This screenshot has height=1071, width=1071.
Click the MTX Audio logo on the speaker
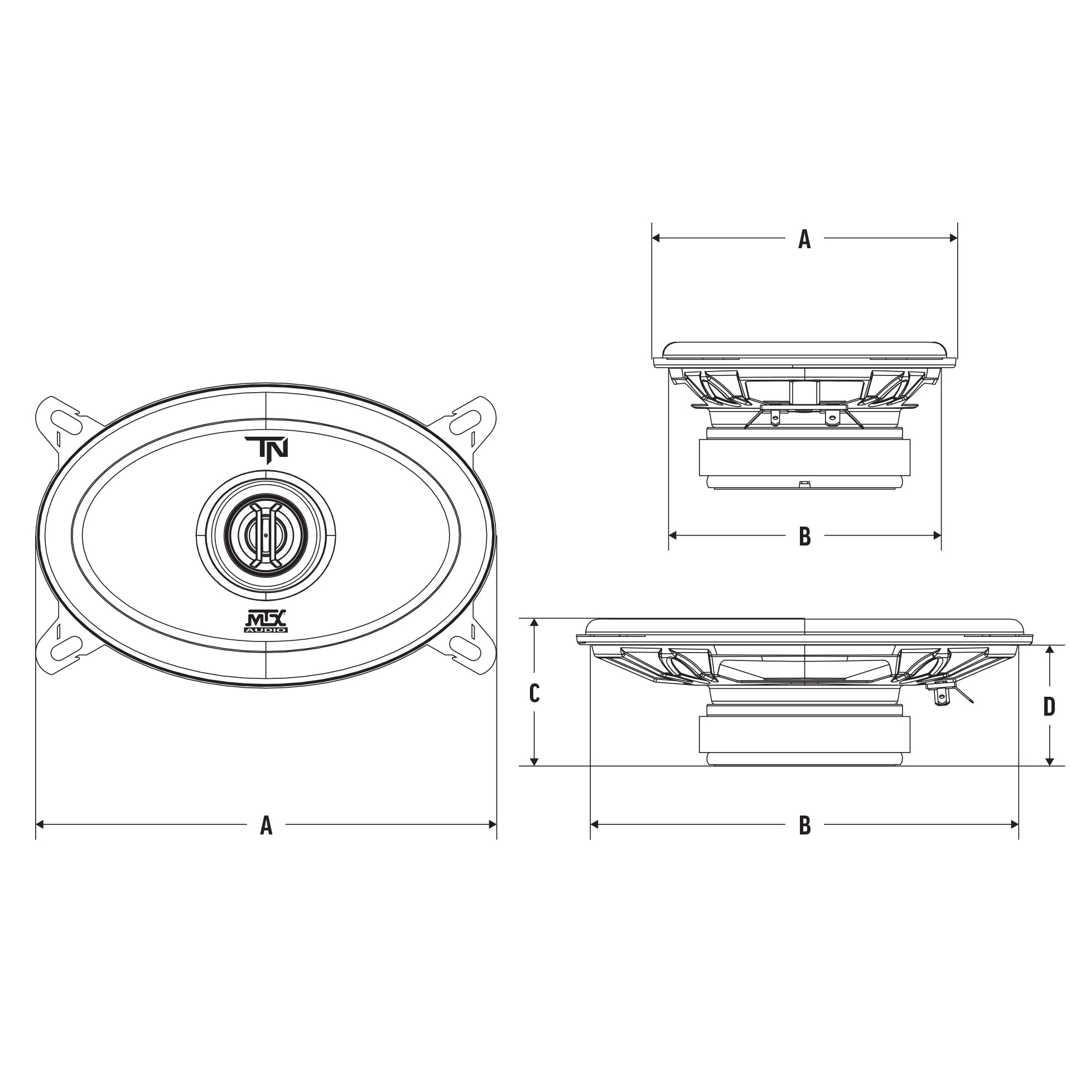(267, 621)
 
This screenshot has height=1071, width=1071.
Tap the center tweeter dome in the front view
(266, 534)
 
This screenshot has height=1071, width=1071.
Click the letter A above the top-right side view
(804, 239)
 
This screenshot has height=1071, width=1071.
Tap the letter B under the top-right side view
(804, 536)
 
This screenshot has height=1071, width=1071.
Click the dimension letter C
(534, 694)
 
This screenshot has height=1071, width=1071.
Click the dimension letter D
(1049, 707)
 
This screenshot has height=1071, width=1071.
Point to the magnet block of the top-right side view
(804, 457)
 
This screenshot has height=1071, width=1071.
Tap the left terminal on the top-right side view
(775, 417)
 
